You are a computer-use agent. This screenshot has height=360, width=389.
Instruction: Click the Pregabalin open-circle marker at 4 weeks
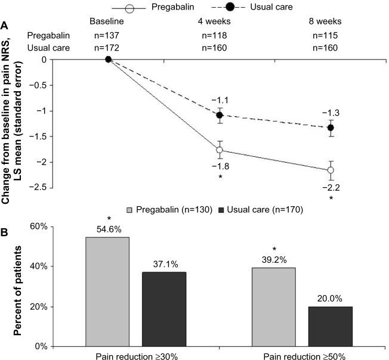pos(220,150)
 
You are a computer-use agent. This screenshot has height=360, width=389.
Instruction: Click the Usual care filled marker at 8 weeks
pos(331,128)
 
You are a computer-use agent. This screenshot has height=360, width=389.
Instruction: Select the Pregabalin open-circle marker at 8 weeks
pos(331,170)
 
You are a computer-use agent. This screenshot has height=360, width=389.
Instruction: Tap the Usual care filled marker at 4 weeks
pos(220,114)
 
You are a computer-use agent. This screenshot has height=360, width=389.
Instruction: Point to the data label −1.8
pos(220,167)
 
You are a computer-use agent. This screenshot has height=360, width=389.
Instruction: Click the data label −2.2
pos(331,187)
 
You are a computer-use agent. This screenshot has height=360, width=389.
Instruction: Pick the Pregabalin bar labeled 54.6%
pos(107,291)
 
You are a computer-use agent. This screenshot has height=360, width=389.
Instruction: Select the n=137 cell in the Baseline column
pos(108,35)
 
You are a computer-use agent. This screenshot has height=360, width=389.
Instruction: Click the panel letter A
pos(5,25)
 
